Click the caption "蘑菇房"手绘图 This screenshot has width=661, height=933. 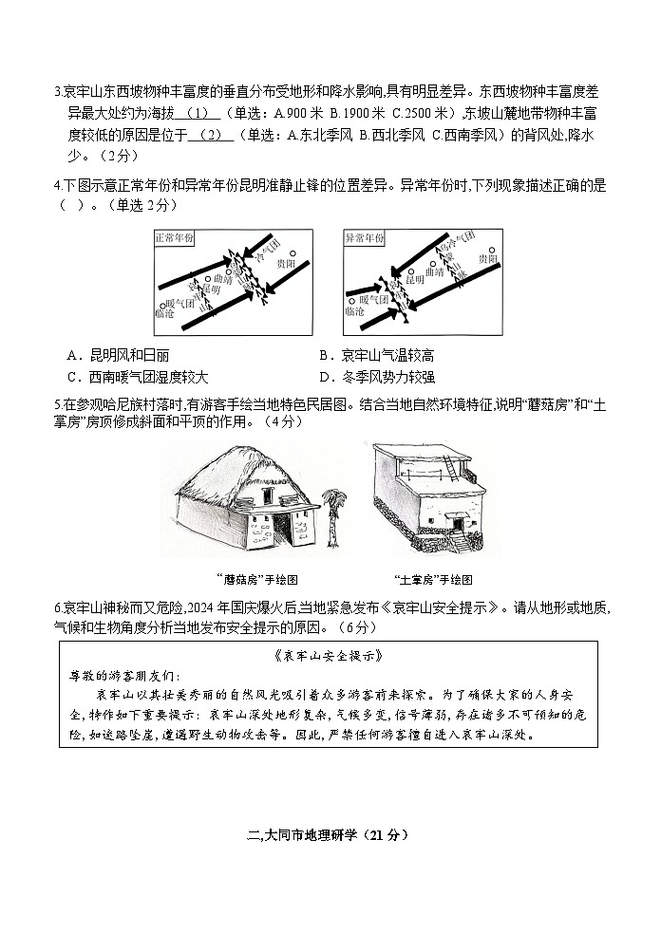pyautogui.click(x=250, y=579)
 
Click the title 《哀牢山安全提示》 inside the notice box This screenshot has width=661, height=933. pyautogui.click(x=328, y=656)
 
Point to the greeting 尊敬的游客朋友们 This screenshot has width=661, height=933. pyautogui.click(x=123, y=676)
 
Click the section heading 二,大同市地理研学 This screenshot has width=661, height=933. pyautogui.click(x=328, y=835)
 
